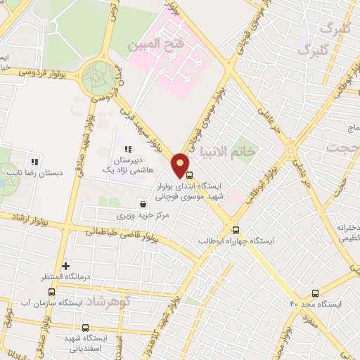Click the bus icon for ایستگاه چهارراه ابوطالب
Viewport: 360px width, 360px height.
[x=236, y=229]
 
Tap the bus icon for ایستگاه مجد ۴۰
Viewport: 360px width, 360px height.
[x=314, y=292]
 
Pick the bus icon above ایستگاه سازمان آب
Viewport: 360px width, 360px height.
[x=51, y=292]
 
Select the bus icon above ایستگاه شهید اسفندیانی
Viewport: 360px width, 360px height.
[x=85, y=328]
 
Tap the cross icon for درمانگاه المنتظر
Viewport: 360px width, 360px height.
[x=65, y=266]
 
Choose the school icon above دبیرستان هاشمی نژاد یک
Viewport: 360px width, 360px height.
[x=127, y=149]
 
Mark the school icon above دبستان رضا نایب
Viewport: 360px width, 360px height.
[x=34, y=162]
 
